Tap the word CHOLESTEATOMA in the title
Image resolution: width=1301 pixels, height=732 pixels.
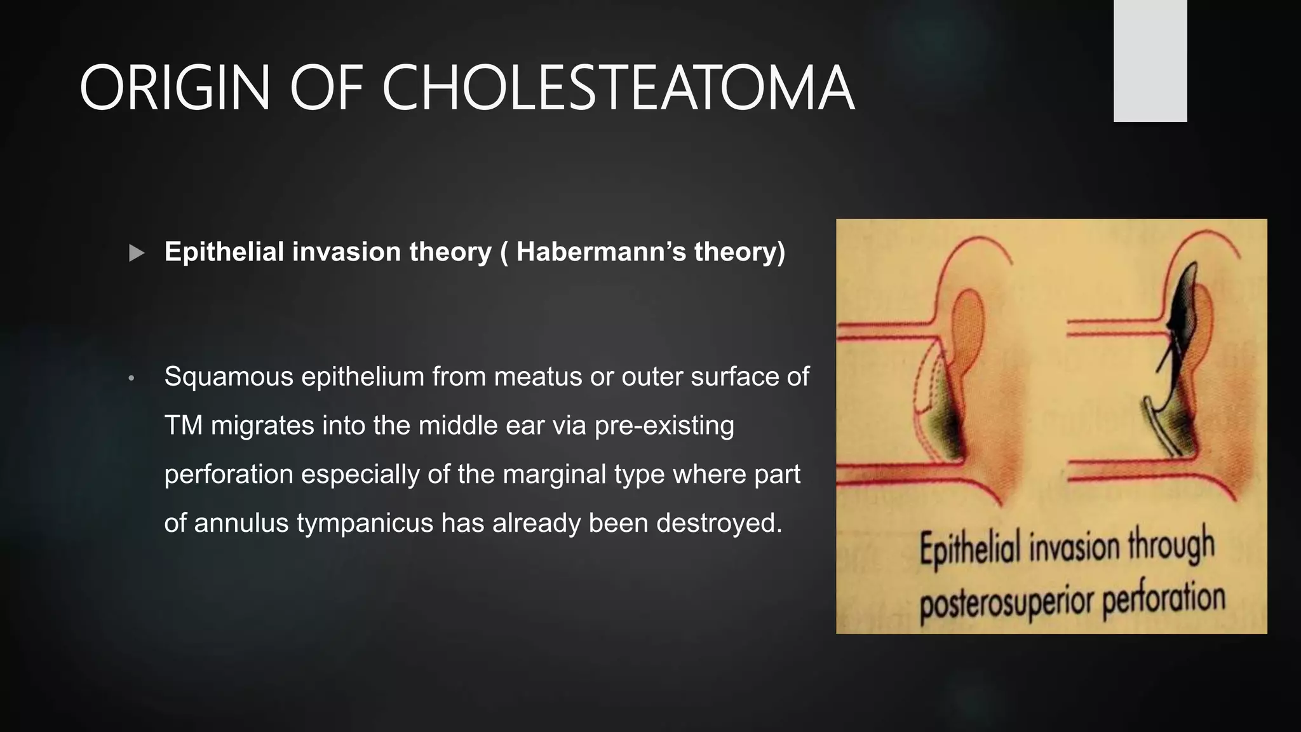pos(617,89)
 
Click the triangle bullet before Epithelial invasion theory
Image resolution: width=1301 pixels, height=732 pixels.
pos(137,254)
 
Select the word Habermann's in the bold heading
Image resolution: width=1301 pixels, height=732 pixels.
pos(601,252)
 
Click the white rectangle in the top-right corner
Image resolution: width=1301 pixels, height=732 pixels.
pos(1150,60)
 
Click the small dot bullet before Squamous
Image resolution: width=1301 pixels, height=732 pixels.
pos(131,379)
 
